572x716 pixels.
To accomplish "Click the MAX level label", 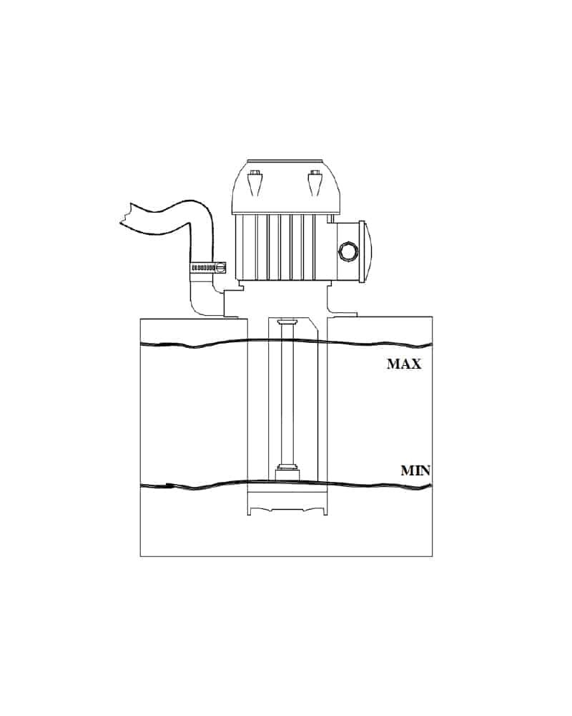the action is pos(404,364).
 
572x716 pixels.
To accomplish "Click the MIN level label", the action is pos(415,470).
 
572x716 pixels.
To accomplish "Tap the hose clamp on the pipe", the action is pos(208,268).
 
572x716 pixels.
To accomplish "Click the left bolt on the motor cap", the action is pos(255,183).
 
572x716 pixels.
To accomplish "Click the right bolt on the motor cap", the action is pos(315,183).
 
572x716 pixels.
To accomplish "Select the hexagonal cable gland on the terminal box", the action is pos(348,252).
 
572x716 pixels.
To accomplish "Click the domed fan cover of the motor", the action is pos(285,187).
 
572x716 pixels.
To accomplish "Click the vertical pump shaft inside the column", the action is pos(287,395).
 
